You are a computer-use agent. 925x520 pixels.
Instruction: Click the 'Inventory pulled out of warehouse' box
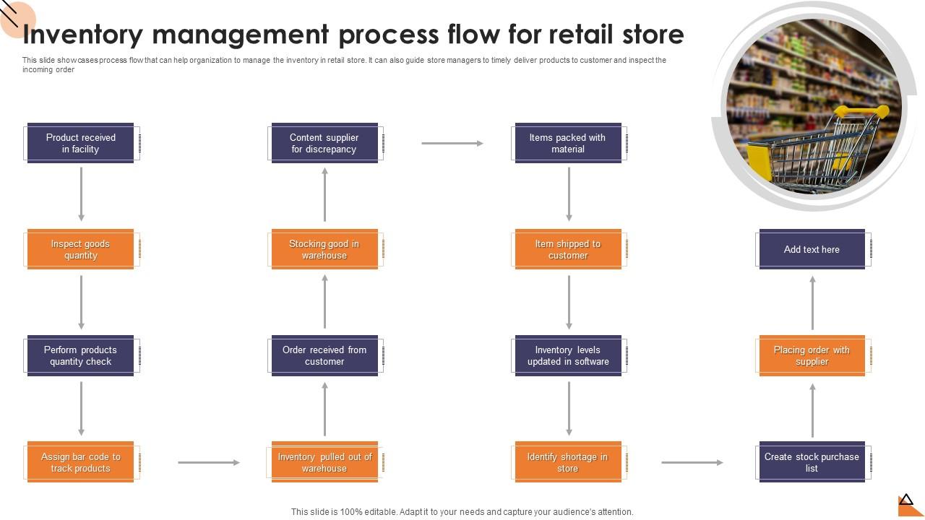tap(325, 461)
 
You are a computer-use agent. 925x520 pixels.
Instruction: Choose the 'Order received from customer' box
tap(325, 355)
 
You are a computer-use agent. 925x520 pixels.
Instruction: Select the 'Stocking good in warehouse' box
tap(325, 249)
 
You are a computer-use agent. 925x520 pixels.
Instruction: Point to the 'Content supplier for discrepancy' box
tap(325, 143)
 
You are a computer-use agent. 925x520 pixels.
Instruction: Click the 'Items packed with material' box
tap(569, 143)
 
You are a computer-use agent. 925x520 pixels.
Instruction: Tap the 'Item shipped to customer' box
tap(569, 249)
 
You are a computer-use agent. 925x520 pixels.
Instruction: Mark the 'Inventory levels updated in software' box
tap(569, 355)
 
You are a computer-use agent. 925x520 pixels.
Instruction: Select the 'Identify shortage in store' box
tap(569, 461)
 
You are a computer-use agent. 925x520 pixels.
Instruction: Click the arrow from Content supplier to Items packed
tap(452, 143)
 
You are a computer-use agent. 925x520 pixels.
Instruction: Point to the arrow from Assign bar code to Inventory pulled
tap(209, 463)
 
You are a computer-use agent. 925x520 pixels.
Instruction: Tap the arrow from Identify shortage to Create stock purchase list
tap(692, 463)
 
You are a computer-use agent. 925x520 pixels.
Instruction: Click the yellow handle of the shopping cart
tap(861, 111)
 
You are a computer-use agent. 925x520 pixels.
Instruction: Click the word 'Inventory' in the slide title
tap(82, 35)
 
